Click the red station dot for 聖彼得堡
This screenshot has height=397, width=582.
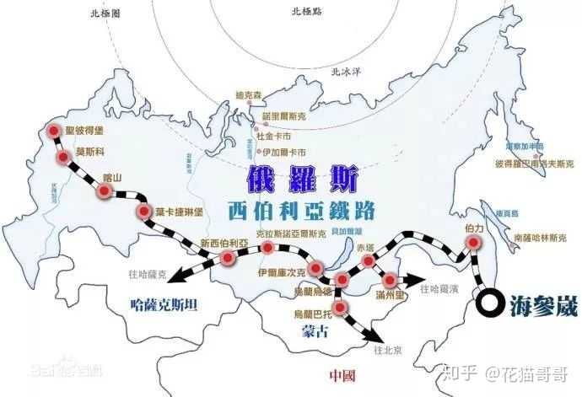coord(55,131)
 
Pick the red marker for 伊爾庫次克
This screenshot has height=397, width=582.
coord(316,269)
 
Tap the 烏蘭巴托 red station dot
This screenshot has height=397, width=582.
coord(341,305)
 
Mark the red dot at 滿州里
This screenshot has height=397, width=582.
coord(391,281)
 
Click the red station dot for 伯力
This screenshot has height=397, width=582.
coord(472,243)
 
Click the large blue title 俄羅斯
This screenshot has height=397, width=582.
coord(303,180)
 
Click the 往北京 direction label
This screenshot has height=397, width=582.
coord(387,350)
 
